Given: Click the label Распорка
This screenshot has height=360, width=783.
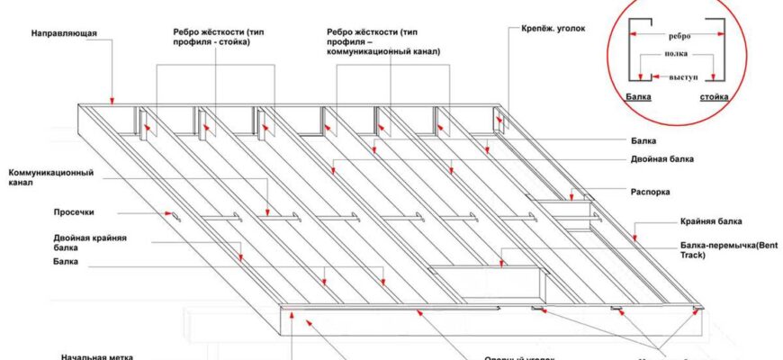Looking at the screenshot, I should pos(649,192).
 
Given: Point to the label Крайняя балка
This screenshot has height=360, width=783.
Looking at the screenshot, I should pos(710,221).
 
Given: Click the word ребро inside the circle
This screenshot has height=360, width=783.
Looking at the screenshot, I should pos(679,36).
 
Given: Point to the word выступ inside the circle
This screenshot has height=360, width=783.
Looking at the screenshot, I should pos(683,78).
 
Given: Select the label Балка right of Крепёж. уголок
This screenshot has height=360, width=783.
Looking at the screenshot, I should pos(643,141).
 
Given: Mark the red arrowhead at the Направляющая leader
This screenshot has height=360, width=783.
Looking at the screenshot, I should pos(112,101).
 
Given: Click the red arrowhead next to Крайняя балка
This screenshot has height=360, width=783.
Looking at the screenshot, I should pos(634,238).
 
